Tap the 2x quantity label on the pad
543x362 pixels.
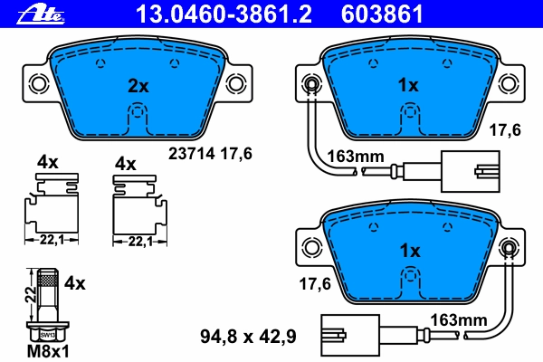click(137, 87)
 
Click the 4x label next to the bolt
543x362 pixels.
click(75, 283)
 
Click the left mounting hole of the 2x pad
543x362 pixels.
click(39, 84)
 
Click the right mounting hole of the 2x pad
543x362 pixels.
click(235, 84)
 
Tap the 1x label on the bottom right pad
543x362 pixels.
click(409, 250)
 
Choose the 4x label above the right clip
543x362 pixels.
click(125, 164)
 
